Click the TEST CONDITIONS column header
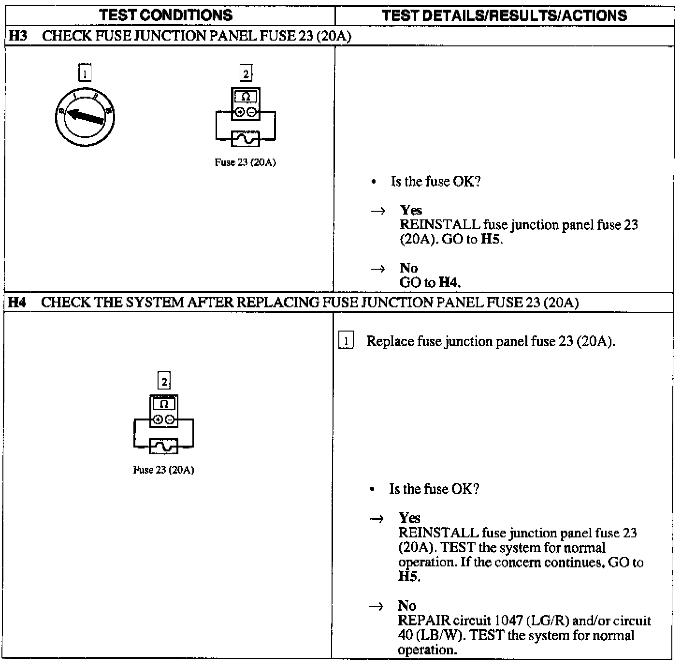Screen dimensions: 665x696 tap(166, 15)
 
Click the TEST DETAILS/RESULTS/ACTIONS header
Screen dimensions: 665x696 tap(504, 15)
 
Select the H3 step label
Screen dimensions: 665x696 tap(18, 36)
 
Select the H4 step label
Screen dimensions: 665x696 tap(17, 303)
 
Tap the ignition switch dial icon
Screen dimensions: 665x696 tap(85, 117)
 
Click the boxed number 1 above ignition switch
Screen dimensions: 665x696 tap(85, 74)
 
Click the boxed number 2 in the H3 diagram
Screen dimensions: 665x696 tap(246, 74)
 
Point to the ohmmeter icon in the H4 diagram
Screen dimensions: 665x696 tap(164, 411)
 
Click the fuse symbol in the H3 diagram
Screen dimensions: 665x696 tap(246, 139)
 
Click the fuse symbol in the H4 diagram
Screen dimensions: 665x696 tap(164, 447)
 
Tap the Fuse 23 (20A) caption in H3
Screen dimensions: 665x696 tap(246, 163)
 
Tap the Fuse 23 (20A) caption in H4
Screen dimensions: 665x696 tap(164, 470)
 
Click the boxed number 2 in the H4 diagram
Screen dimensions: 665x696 tap(164, 381)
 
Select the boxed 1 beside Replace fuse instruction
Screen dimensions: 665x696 tap(346, 341)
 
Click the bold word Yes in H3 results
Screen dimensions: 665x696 tap(411, 210)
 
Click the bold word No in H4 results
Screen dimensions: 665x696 tap(407, 606)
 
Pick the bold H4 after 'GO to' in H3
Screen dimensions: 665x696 tap(449, 282)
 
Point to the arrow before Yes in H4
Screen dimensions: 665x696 tap(377, 519)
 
